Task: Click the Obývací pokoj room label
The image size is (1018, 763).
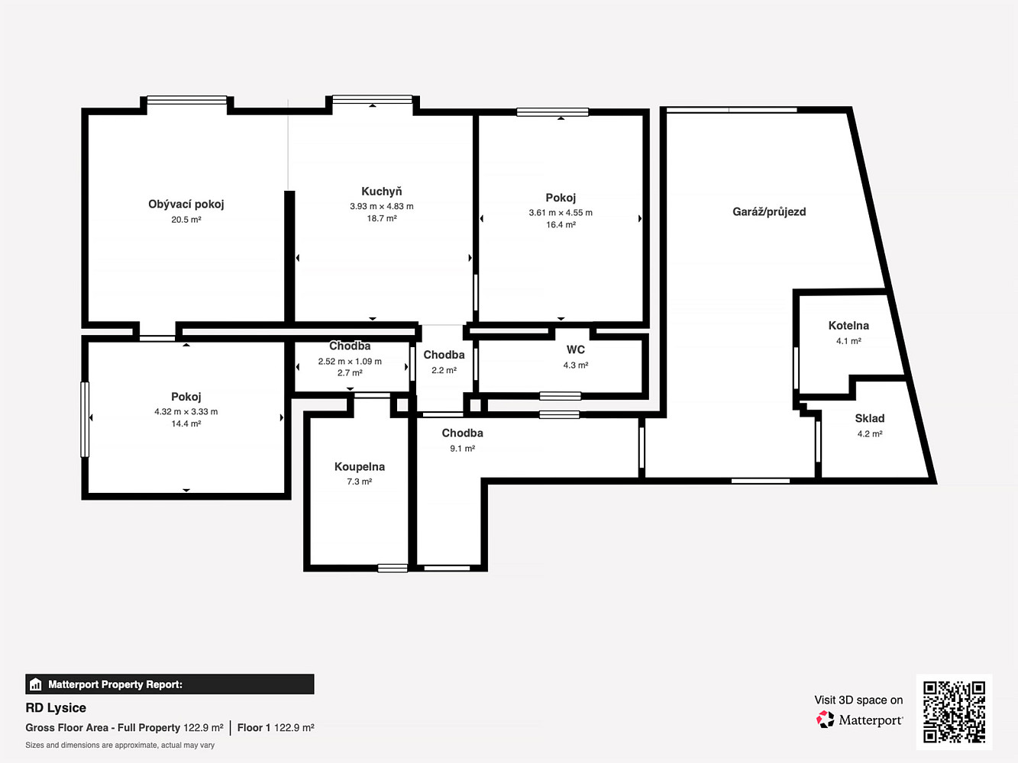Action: pos(186,204)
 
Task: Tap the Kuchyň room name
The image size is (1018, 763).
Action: pos(382,192)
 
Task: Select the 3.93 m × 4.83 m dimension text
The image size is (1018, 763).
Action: pos(382,206)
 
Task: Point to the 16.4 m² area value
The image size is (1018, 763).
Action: pos(561,224)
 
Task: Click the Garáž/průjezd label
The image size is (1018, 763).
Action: pos(769,211)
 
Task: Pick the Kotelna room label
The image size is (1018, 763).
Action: pos(848,325)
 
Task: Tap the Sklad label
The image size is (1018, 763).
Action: pos(870,418)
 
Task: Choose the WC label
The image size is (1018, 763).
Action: pos(576,349)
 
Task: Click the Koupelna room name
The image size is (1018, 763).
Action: pos(360,467)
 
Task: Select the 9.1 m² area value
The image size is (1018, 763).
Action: pos(462,449)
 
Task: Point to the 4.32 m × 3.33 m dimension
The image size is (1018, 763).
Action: pos(186,411)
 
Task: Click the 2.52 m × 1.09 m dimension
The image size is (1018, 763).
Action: pos(350,362)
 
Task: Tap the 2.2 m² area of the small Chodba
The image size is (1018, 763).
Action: pos(444,370)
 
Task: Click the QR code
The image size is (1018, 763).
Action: pos(954,712)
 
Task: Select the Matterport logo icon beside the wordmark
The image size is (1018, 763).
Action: pos(825,720)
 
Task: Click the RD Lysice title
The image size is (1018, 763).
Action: pos(56,708)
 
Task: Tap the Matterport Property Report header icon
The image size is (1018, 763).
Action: pos(35,684)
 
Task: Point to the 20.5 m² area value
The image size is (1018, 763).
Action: pos(186,220)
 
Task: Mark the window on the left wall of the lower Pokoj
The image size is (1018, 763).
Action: pos(85,419)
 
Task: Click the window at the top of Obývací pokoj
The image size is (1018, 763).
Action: pos(187,100)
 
